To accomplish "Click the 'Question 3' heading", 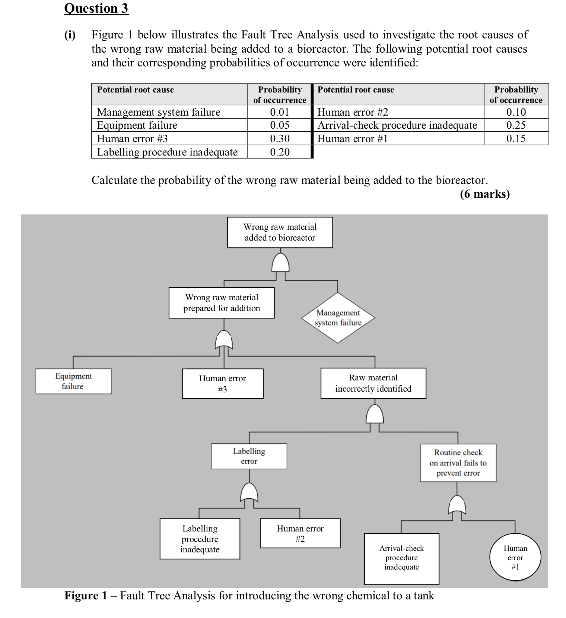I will point(96,8).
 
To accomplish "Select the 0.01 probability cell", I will point(279,112).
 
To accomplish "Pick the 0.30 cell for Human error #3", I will point(279,138).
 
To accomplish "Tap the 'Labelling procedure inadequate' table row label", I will point(167,152).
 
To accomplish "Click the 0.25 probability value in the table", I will point(516,125).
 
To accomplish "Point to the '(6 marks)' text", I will point(484,194).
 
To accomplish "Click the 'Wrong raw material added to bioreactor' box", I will point(280,232).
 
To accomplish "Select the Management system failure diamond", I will point(338,318).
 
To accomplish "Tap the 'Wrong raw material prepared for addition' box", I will point(222,303).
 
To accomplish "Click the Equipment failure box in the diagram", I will point(73,381).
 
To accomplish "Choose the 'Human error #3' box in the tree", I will point(222,384).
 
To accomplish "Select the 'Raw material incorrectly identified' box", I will point(373,383).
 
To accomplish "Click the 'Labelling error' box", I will point(249,456).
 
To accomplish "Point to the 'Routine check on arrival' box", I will point(458,463).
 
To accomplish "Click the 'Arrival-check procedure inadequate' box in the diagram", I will point(401,558).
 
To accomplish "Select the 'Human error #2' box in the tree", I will point(300,533).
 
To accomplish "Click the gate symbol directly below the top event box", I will point(280,263).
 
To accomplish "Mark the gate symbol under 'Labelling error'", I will point(249,493).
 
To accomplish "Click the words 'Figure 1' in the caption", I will point(85,596).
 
